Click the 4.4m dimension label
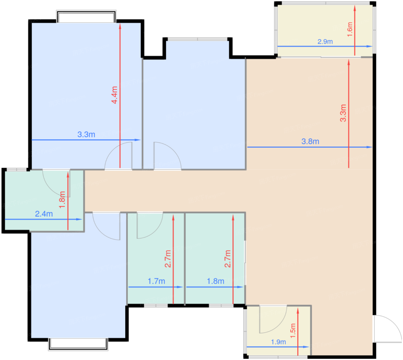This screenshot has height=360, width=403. [114, 95]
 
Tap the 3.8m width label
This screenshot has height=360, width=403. [310, 141]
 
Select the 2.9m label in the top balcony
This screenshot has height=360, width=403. [325, 41]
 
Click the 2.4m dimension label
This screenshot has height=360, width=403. [44, 214]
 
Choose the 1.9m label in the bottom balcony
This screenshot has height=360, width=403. [278, 342]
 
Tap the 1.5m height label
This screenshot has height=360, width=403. [293, 331]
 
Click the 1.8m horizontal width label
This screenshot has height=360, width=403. [215, 281]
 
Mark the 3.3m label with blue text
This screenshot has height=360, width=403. [86, 135]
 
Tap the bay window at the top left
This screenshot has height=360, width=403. [86, 16]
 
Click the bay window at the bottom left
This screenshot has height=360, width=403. [78, 344]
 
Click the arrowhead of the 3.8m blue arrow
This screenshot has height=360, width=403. [369, 147]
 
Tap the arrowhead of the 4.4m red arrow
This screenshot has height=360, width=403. [120, 26]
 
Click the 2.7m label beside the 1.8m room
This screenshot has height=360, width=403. [228, 259]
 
